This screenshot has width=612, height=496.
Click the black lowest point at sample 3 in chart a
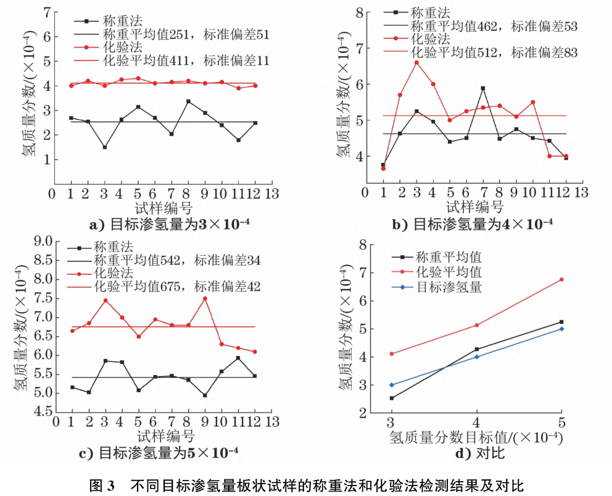tap(105, 147)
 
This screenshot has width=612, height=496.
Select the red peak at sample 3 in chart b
tap(416, 62)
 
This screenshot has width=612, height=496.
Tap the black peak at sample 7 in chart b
tap(483, 88)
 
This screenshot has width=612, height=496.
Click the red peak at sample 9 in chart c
tap(205, 298)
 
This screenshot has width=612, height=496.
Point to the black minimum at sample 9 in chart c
tap(205, 395)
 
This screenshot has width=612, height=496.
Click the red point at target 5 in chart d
tap(561, 279)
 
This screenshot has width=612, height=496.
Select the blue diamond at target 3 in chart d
tap(391, 385)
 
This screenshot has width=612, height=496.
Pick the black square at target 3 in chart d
tap(391, 398)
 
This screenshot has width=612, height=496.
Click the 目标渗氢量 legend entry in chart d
tap(449, 287)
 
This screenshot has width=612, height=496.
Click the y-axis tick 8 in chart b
tap(360, 12)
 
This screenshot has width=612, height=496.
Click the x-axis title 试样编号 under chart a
tap(163, 205)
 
